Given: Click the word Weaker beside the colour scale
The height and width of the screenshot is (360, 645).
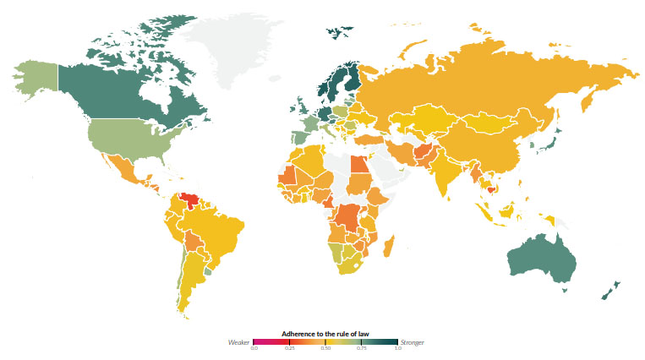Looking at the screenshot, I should (x=239, y=342).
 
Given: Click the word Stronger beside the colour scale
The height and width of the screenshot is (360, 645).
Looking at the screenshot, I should (x=413, y=342).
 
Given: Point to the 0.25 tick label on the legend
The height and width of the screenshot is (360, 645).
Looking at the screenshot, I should (x=289, y=349).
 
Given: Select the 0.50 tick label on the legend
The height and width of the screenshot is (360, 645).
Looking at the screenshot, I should (x=325, y=349).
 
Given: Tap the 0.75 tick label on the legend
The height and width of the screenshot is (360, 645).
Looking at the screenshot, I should (x=361, y=349).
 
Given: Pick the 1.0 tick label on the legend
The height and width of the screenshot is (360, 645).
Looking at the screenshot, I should (x=396, y=349).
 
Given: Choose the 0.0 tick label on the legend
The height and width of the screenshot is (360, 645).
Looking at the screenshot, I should (x=254, y=349).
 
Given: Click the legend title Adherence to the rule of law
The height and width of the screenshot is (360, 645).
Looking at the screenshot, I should (x=325, y=333).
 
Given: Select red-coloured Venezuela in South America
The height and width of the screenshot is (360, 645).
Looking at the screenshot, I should (x=194, y=202).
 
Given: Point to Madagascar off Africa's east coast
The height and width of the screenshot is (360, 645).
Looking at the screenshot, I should (x=390, y=248).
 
